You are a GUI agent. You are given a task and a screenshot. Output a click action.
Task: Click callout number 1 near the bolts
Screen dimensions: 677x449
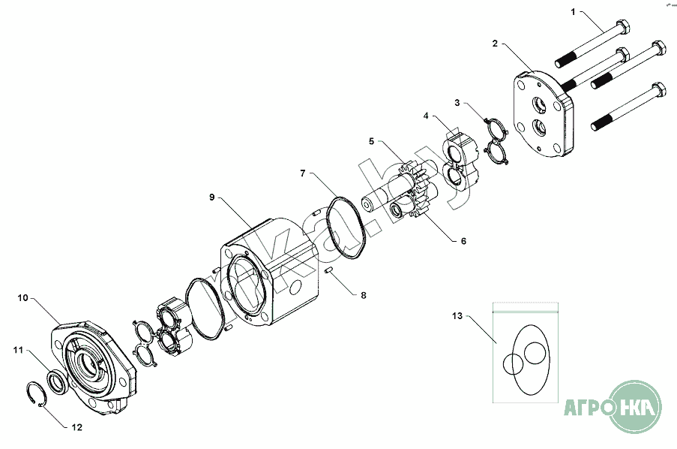[x=573, y=12]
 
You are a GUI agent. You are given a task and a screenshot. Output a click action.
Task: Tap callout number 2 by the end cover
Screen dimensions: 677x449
[x=495, y=44]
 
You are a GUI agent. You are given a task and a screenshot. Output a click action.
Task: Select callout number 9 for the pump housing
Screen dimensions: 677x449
[x=212, y=197]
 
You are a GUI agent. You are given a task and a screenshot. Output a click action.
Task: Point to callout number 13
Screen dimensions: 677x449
[x=457, y=316]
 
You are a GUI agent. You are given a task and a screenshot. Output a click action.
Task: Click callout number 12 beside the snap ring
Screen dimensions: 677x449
[x=77, y=427]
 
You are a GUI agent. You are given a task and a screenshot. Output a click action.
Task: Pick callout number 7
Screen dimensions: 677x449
[x=303, y=173]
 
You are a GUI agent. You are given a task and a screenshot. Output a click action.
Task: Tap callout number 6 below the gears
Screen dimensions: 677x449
[x=464, y=241]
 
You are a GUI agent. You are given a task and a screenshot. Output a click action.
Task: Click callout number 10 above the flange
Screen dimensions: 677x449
[x=23, y=297]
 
